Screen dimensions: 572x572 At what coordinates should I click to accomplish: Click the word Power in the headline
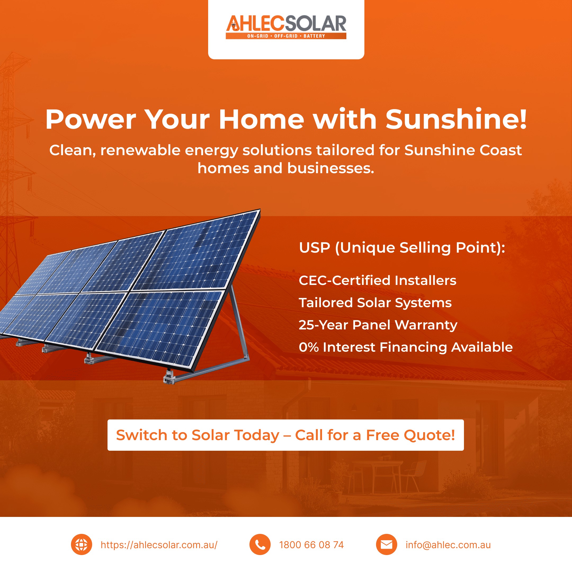(x=91, y=119)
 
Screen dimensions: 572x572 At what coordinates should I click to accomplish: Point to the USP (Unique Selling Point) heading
(x=402, y=248)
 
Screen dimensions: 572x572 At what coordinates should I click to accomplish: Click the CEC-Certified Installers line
(x=377, y=280)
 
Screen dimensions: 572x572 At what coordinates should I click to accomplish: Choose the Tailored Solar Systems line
(x=375, y=303)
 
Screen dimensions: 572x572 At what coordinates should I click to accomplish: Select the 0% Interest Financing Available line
(x=406, y=347)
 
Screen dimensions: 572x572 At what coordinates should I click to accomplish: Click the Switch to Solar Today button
(x=285, y=435)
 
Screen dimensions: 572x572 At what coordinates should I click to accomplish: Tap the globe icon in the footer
(x=81, y=544)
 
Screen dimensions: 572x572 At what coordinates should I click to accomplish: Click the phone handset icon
(x=260, y=544)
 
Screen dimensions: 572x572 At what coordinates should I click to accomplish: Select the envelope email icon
(x=386, y=544)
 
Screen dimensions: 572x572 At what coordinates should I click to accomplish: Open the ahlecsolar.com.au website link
(x=159, y=545)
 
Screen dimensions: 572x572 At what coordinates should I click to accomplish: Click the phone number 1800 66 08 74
(x=311, y=545)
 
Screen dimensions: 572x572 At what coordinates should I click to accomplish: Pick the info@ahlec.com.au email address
(x=448, y=545)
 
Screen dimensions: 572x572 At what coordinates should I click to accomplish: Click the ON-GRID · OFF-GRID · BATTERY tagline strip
(x=286, y=36)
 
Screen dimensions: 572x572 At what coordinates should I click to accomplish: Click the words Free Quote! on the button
(x=410, y=435)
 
